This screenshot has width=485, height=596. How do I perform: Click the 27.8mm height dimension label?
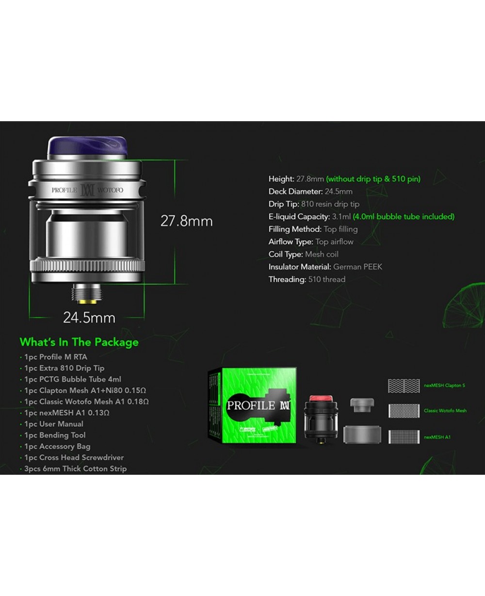pyautogui.click(x=186, y=221)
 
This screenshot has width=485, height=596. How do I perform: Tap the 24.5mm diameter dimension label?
pyautogui.click(x=89, y=318)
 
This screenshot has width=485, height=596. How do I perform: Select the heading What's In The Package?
pyautogui.click(x=79, y=342)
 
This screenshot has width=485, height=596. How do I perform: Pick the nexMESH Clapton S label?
pyautogui.click(x=444, y=386)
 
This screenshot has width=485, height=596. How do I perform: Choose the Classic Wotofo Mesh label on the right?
pyautogui.click(x=445, y=411)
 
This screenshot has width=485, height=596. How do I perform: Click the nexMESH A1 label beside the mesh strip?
pyautogui.click(x=437, y=437)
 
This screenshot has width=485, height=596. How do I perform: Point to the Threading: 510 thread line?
pyautogui.click(x=307, y=279)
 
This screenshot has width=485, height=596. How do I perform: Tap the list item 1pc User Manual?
pyautogui.click(x=54, y=424)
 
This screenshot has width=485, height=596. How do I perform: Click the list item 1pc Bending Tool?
pyautogui.click(x=55, y=435)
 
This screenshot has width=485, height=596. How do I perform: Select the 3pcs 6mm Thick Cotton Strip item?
pyautogui.click(x=75, y=468)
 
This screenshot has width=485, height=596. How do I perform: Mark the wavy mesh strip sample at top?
pyautogui.click(x=404, y=386)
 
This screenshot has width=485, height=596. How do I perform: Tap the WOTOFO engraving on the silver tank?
pyautogui.click(x=110, y=190)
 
